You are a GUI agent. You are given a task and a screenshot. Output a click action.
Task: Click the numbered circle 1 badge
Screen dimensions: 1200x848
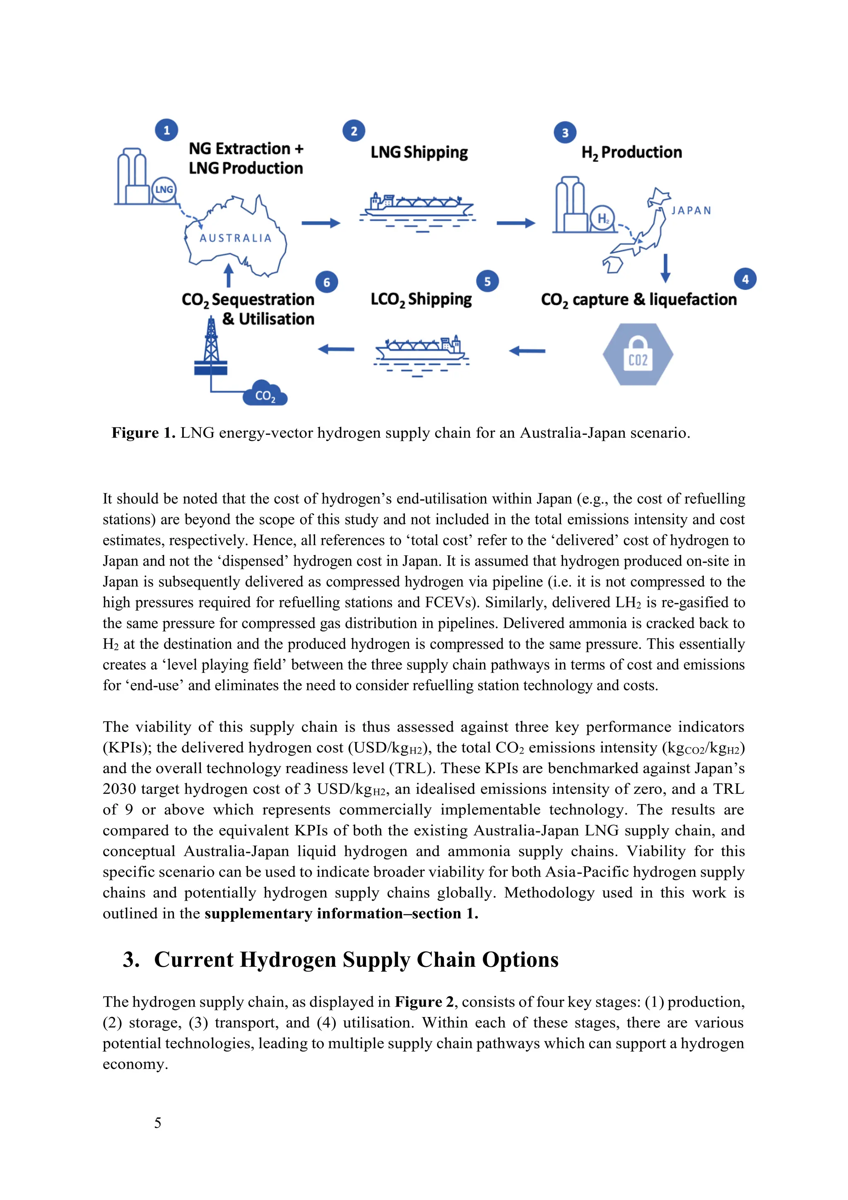166,130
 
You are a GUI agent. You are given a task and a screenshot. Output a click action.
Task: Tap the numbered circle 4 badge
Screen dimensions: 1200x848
745,279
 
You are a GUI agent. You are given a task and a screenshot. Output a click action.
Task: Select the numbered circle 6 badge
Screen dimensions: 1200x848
327,282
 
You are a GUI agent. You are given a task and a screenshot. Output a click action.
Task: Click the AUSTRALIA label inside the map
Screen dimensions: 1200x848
236,239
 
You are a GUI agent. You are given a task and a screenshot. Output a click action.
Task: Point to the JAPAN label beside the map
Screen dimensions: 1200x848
691,211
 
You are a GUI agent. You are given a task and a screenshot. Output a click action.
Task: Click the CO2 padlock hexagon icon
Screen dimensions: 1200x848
638,354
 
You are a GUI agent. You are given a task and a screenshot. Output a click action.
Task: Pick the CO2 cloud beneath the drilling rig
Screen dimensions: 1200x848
265,395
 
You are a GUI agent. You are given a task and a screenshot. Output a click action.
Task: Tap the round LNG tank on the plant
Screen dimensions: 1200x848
164,190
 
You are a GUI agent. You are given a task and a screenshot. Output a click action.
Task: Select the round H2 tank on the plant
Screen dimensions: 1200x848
602,219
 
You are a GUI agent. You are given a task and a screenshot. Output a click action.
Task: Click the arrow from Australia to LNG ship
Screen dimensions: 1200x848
320,223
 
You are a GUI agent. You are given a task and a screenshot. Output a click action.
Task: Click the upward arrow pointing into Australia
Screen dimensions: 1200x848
228,275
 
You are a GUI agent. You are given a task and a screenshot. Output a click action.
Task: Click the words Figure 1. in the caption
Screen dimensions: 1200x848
143,433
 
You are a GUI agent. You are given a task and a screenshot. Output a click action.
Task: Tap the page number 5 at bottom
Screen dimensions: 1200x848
158,1123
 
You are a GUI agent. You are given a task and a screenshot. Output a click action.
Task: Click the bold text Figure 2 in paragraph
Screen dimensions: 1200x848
424,1002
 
